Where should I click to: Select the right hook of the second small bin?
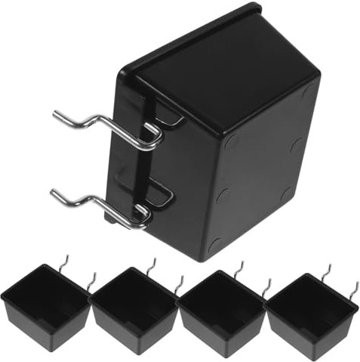tap(179, 283)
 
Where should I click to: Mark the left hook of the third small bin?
tap(241, 267)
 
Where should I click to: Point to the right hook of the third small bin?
tap(266, 286)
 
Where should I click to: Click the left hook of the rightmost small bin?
tap(328, 268)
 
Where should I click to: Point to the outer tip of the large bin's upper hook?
tap(57, 115)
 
